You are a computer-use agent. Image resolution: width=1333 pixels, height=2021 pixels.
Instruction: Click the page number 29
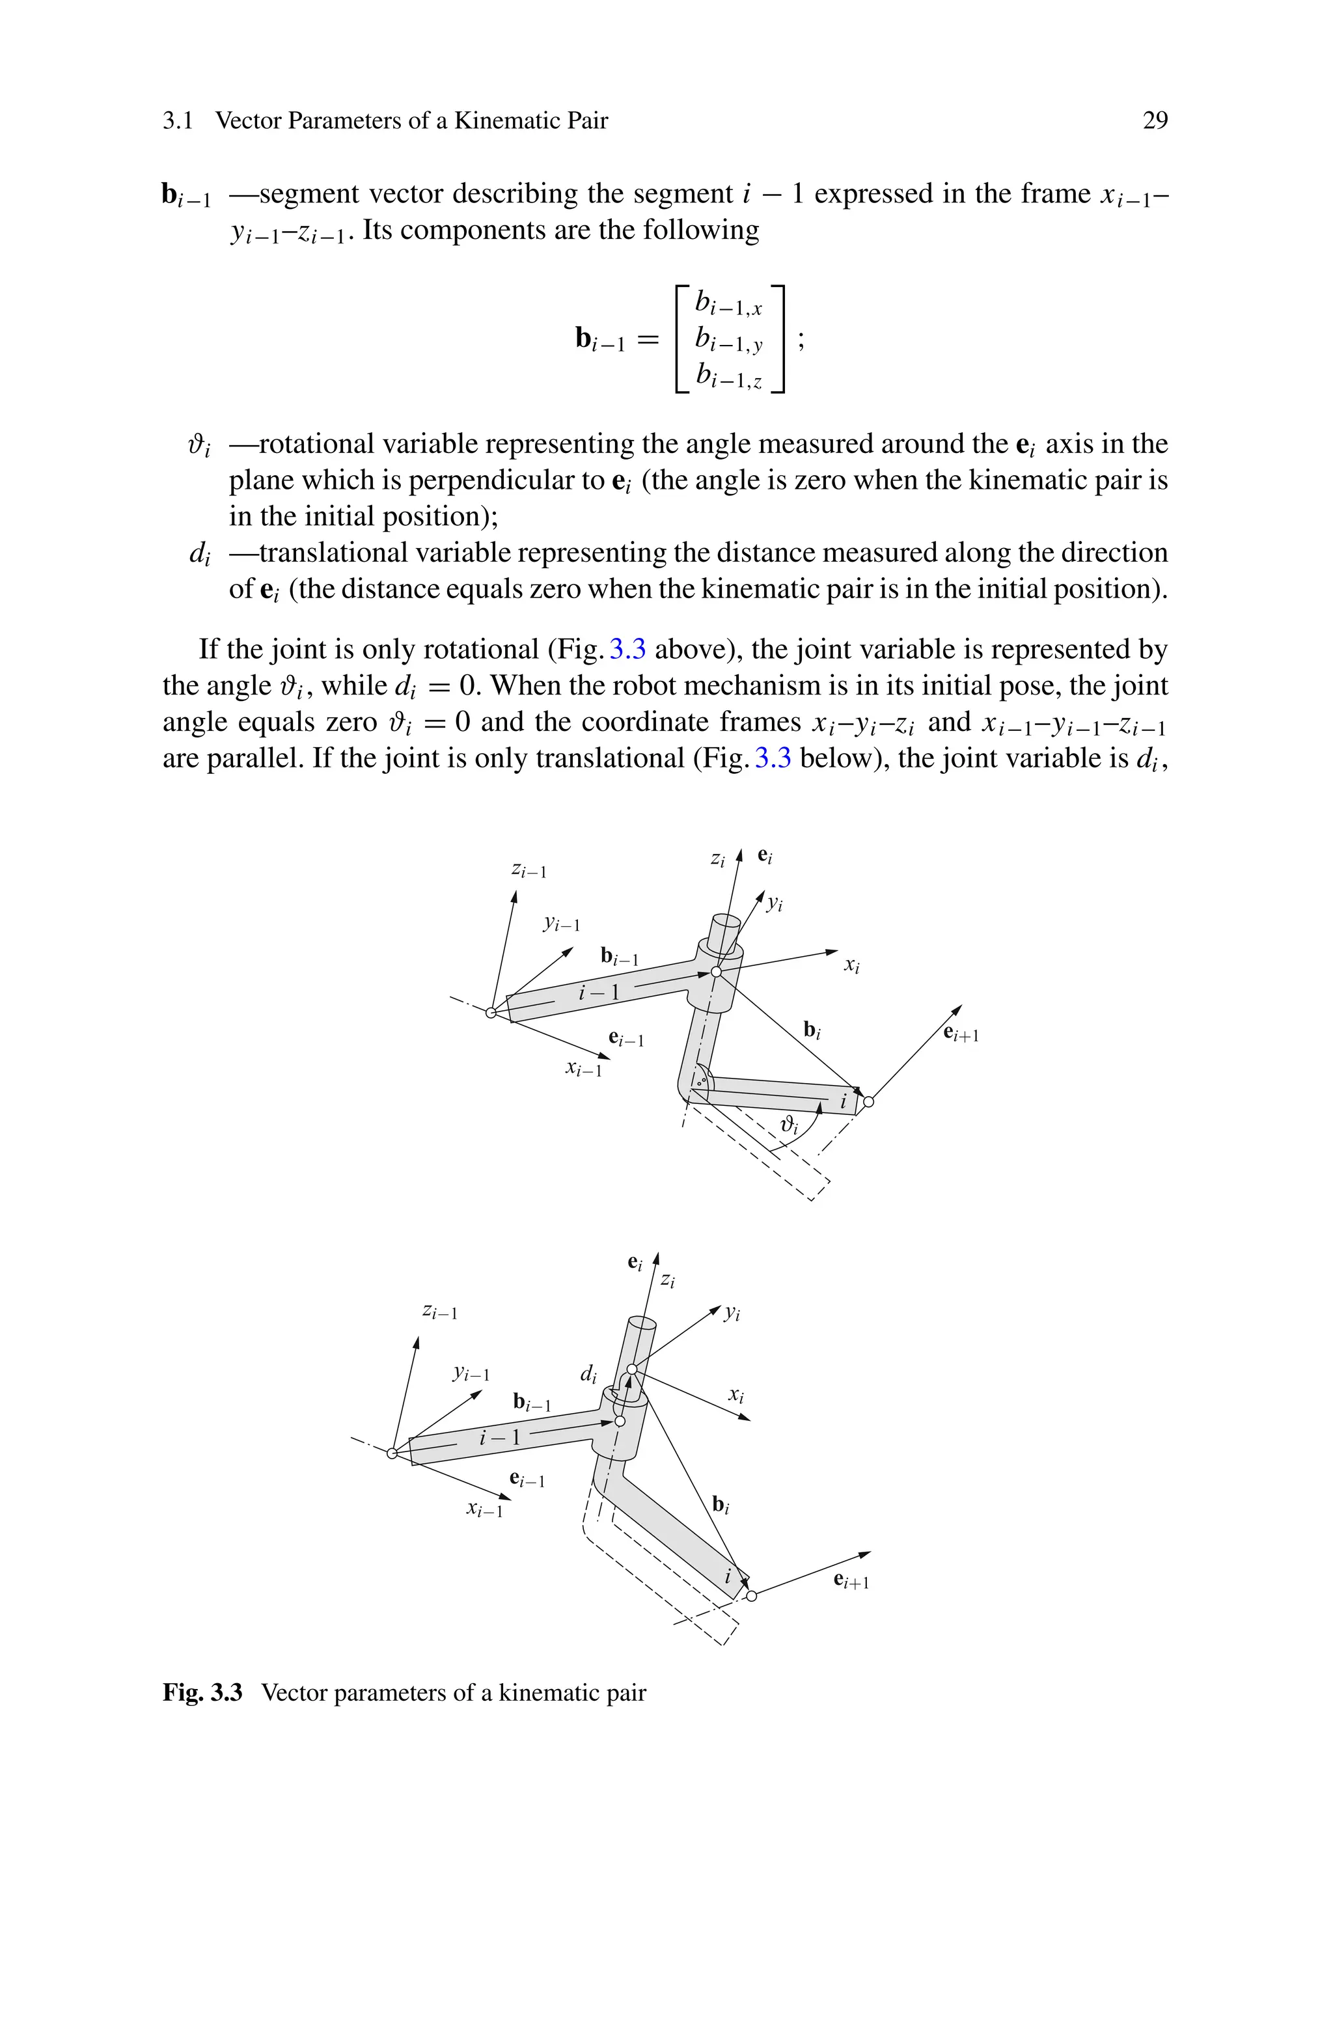coord(1155,120)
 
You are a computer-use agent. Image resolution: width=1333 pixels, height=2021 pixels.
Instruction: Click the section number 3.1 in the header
coord(177,120)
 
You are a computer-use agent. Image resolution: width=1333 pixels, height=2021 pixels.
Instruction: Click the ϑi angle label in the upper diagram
coord(790,1126)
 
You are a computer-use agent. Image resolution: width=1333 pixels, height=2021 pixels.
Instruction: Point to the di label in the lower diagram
coord(588,1374)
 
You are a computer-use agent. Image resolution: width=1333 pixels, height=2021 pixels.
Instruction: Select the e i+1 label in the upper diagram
coord(961,1034)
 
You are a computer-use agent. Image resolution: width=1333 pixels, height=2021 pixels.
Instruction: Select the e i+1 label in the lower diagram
coord(851,1581)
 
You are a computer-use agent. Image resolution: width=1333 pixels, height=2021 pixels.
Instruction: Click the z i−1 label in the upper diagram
coord(529,870)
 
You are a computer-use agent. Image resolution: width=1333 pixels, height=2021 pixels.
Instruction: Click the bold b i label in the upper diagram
coord(812,1031)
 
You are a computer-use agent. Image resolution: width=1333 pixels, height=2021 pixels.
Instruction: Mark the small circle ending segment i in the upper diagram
coord(868,1103)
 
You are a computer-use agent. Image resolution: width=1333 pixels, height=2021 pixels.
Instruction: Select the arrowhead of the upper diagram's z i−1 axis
coord(514,895)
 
